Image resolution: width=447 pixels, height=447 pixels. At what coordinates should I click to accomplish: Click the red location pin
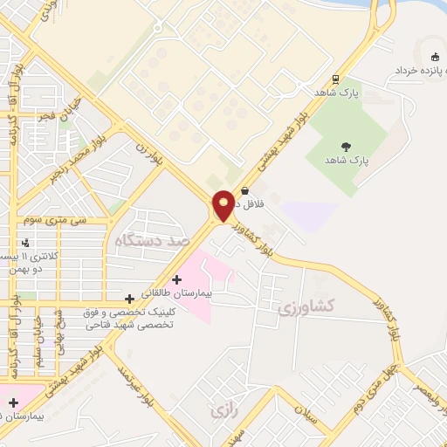(x=223, y=205)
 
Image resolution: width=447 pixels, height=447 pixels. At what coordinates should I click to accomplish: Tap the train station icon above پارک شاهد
(x=335, y=78)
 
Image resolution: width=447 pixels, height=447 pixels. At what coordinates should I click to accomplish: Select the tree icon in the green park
(x=347, y=147)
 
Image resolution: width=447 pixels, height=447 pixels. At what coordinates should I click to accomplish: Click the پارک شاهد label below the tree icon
(x=347, y=162)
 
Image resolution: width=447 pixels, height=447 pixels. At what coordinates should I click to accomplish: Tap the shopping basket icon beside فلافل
(x=244, y=190)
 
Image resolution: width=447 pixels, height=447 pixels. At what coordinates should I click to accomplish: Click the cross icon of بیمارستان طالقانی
(x=177, y=280)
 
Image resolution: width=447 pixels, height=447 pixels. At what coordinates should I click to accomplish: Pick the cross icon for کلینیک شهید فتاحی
(x=129, y=299)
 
